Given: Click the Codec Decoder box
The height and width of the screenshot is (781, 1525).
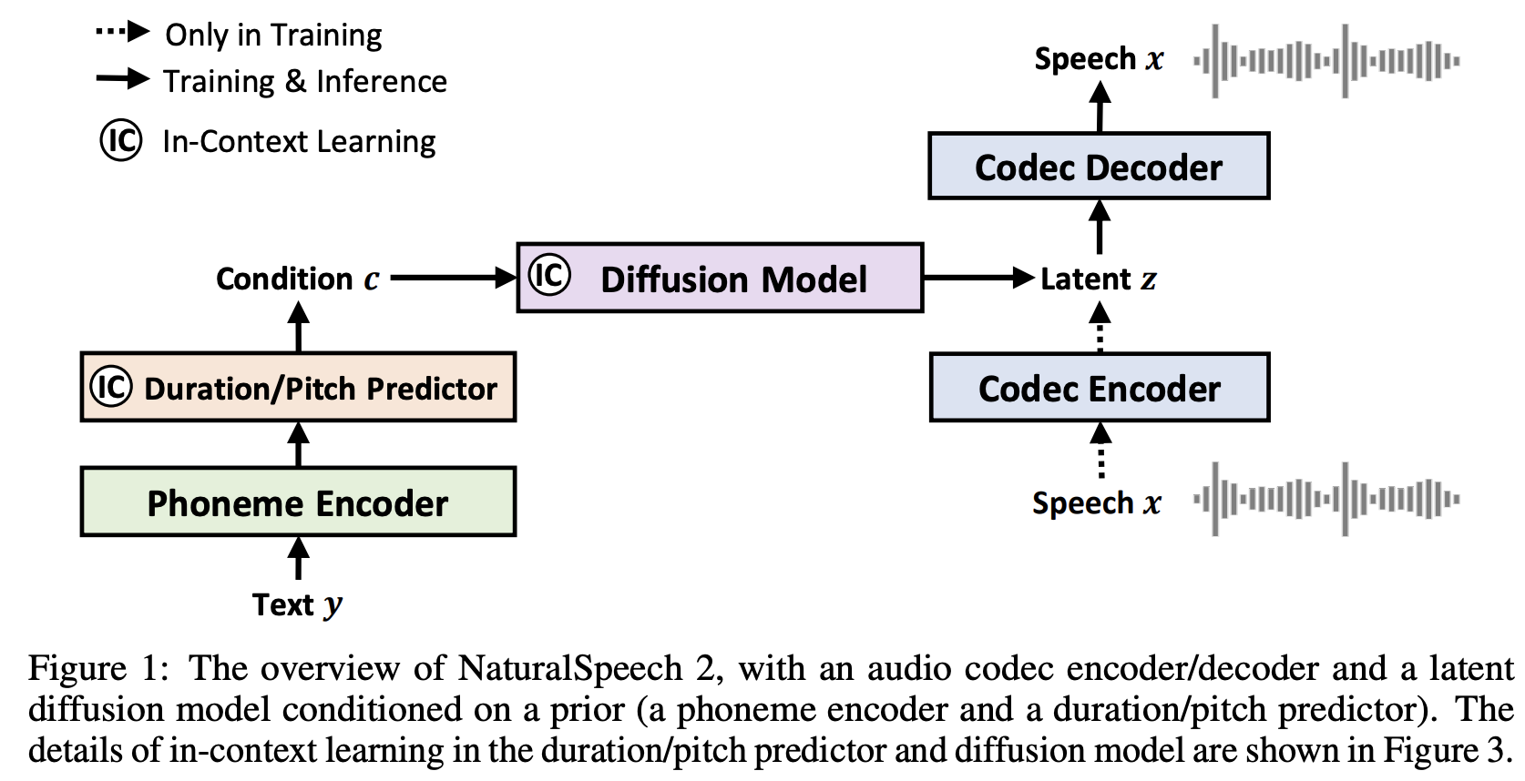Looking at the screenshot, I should click(x=1099, y=167).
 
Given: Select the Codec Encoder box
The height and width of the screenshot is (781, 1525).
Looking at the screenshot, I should click(x=1099, y=388).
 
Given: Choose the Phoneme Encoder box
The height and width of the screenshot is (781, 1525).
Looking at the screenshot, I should click(x=298, y=502).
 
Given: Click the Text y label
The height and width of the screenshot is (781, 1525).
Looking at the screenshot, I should click(x=297, y=605).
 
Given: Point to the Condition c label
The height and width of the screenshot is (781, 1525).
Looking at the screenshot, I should click(x=297, y=279).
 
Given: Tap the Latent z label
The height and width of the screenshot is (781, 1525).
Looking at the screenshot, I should click(x=1098, y=279).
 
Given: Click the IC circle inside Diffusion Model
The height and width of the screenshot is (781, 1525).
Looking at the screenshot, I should click(x=549, y=275).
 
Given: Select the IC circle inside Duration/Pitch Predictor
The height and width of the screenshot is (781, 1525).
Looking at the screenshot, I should click(x=111, y=387).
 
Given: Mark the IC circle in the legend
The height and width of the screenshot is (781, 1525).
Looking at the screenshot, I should click(x=121, y=140).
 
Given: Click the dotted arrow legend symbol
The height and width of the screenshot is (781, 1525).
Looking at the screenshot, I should click(x=122, y=33).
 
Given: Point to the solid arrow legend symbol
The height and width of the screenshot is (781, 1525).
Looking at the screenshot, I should click(x=122, y=79).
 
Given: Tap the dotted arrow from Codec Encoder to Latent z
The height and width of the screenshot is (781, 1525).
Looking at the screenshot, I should click(x=1100, y=329).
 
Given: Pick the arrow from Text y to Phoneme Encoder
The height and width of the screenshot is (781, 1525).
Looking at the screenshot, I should click(x=298, y=558).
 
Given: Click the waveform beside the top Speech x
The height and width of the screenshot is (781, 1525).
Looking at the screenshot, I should click(x=1326, y=61).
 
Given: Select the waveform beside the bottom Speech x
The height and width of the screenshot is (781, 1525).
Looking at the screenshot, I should click(x=1326, y=499).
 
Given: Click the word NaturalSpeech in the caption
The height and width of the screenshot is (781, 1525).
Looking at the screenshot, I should click(x=570, y=668).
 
